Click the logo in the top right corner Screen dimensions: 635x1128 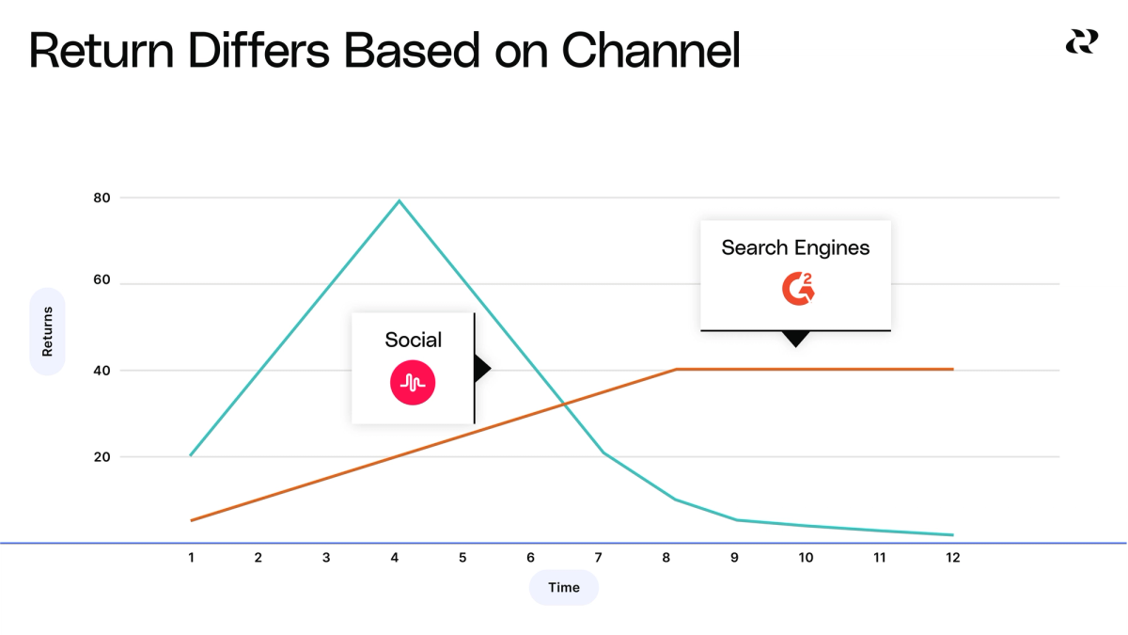(x=1081, y=42)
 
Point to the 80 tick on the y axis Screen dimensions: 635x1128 (x=102, y=198)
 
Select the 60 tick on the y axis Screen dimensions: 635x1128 (x=102, y=280)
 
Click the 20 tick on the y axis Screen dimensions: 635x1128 (x=102, y=457)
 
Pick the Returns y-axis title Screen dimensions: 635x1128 (x=47, y=331)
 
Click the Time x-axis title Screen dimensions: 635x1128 (x=564, y=587)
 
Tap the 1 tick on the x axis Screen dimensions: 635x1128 (x=191, y=557)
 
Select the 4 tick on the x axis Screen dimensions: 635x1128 (x=394, y=557)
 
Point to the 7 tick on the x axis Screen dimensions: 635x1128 (x=599, y=557)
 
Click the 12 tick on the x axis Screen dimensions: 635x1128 (x=952, y=557)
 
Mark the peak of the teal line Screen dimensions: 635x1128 (x=399, y=200)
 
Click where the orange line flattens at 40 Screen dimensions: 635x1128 (x=677, y=370)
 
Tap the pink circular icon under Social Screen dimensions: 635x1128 (x=413, y=382)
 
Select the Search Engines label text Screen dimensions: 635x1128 (x=795, y=248)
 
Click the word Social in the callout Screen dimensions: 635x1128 (x=413, y=341)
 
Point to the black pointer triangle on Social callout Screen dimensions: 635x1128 (x=482, y=369)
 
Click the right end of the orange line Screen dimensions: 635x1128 (x=953, y=370)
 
